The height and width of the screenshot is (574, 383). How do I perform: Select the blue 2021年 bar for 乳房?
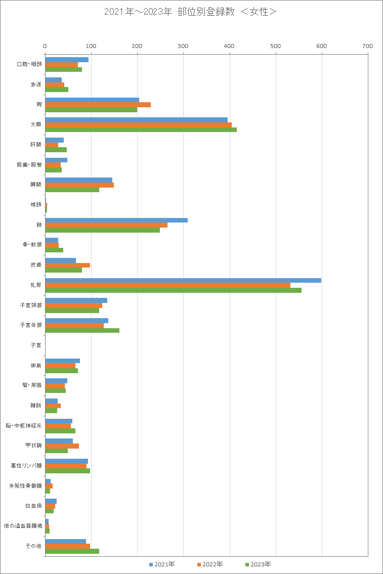183,280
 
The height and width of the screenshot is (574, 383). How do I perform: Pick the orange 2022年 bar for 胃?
98,105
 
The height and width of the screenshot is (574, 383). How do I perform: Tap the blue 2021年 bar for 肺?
116,220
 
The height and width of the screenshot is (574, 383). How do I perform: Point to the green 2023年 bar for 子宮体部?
82,330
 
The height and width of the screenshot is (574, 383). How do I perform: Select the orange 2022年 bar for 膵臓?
79,185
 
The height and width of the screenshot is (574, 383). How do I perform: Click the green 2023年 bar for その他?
72,551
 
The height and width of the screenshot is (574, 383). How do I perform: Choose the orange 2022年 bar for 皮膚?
67,265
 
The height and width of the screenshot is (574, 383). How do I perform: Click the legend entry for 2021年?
162,564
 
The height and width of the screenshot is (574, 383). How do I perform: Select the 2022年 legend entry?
209,564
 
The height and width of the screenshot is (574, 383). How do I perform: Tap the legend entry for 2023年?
258,564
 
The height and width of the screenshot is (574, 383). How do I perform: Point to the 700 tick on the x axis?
368,46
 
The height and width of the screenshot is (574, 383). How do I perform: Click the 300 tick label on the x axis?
183,46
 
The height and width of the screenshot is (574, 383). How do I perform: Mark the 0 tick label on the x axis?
45,46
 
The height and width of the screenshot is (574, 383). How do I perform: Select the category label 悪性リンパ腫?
26,466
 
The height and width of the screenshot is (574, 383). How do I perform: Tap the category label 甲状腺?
33,446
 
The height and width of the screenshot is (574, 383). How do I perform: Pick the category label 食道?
36,84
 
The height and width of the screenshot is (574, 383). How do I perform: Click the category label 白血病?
33,506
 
